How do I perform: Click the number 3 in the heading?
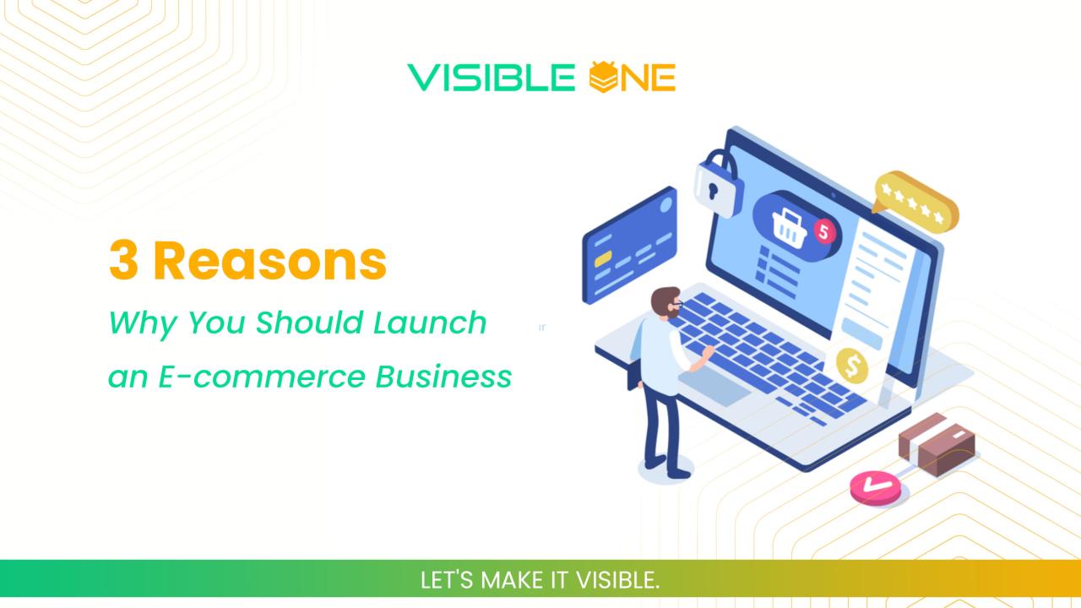coord(123,262)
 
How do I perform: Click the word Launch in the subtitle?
coord(441,323)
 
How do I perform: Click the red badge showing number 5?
coord(823,230)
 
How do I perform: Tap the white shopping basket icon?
coord(787,223)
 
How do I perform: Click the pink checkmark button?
coord(875,487)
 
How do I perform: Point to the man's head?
coord(664,301)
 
